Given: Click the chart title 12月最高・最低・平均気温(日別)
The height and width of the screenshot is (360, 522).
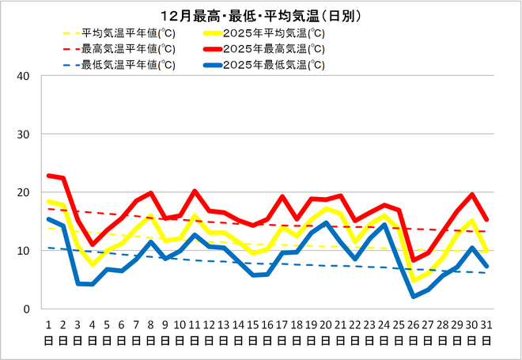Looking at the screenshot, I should [x=260, y=16].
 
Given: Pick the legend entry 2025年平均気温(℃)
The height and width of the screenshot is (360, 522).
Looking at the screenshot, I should [x=274, y=33].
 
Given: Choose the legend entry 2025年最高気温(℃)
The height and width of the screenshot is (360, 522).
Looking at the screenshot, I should [x=274, y=49].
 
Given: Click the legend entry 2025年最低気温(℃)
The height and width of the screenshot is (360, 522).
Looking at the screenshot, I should [x=274, y=65].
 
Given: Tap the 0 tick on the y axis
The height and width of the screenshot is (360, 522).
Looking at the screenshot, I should [x=26, y=309].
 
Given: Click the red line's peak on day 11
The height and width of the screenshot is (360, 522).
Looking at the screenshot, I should [x=195, y=191].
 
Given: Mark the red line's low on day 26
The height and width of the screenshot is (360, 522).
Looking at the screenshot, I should [x=413, y=260].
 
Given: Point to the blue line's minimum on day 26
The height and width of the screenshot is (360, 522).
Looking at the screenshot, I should [x=413, y=297].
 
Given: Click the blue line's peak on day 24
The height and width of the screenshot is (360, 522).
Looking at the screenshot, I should [x=384, y=225].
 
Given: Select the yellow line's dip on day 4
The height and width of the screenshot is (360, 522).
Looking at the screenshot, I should [x=93, y=264].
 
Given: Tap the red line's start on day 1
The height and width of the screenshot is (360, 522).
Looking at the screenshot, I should [x=49, y=176].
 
